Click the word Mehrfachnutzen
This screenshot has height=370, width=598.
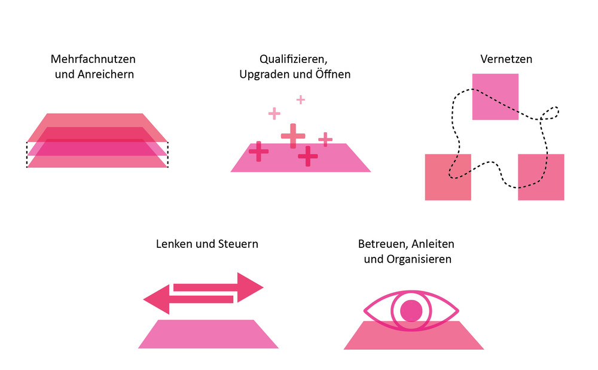point(93,60)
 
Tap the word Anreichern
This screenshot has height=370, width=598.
point(110,75)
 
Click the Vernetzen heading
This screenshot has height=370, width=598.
point(506,60)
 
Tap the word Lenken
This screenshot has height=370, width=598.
point(172,244)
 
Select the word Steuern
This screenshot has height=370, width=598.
point(237,244)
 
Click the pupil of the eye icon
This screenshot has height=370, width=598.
point(411,311)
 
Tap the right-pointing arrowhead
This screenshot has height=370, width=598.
point(250,287)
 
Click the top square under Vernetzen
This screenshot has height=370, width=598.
point(495,96)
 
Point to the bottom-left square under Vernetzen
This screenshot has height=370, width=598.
point(448,177)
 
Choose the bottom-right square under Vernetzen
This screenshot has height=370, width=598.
point(541,177)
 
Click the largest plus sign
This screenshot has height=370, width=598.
point(293,136)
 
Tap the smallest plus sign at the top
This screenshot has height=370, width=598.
point(301,99)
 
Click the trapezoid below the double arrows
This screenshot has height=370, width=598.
point(208,333)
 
